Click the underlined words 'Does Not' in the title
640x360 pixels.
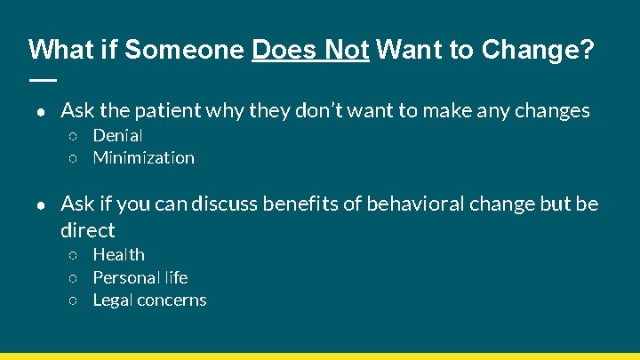click(x=310, y=50)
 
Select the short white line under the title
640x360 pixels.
click(x=42, y=79)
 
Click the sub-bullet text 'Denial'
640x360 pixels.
click(x=117, y=136)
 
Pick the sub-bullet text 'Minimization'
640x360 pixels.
click(x=143, y=158)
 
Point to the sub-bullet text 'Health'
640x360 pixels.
click(x=118, y=255)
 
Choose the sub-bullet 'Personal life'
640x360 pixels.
click(x=140, y=277)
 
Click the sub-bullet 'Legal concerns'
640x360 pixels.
click(x=149, y=300)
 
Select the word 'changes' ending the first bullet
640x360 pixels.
click(x=553, y=111)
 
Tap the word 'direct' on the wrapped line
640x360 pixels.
click(x=87, y=231)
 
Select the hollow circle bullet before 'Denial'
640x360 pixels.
click(x=75, y=137)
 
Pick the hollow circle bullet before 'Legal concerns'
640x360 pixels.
click(x=75, y=301)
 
